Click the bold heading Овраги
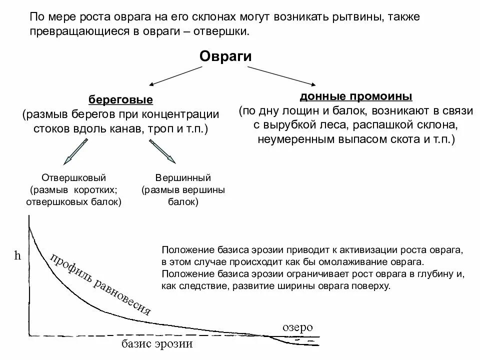[225, 56]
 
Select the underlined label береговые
[121, 99]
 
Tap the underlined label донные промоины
[356, 95]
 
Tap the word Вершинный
[183, 177]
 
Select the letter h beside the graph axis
[18, 256]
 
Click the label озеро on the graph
[297, 327]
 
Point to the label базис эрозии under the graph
[157, 344]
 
